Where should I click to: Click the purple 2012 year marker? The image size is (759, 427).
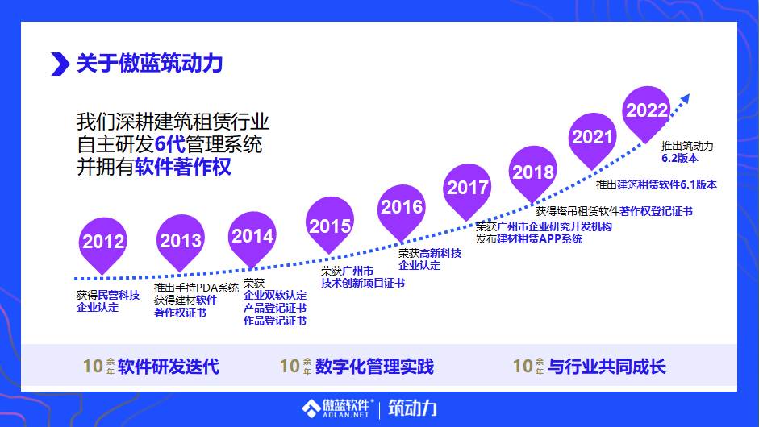pyautogui.click(x=103, y=241)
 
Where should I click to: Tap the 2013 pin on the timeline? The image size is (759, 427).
pyautogui.click(x=181, y=240)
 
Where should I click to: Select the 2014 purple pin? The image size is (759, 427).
pyautogui.click(x=252, y=236)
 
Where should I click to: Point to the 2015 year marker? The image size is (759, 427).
pyautogui.click(x=330, y=226)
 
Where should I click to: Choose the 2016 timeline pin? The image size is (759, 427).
pyautogui.click(x=402, y=207)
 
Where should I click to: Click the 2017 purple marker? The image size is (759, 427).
pyautogui.click(x=468, y=188)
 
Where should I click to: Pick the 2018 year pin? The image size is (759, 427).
pyautogui.click(x=533, y=172)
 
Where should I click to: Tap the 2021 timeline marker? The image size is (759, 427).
pyautogui.click(x=593, y=137)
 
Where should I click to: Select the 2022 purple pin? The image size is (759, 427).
pyautogui.click(x=647, y=110)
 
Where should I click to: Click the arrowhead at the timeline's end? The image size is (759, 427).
pyautogui.click(x=685, y=98)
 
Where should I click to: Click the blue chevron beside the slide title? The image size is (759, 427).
pyautogui.click(x=60, y=63)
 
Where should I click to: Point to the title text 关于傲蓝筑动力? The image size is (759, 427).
pyautogui.click(x=149, y=63)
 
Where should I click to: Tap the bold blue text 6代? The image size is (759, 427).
pyautogui.click(x=169, y=146)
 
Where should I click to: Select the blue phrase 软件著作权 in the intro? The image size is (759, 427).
pyautogui.click(x=183, y=168)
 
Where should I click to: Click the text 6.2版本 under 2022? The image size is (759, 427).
pyautogui.click(x=679, y=158)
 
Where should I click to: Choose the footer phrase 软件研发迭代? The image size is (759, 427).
pyautogui.click(x=169, y=367)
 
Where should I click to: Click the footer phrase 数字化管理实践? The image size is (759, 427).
pyautogui.click(x=375, y=367)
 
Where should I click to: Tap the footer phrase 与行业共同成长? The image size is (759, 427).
pyautogui.click(x=607, y=367)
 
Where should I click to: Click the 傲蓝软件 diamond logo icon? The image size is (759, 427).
pyautogui.click(x=311, y=408)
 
